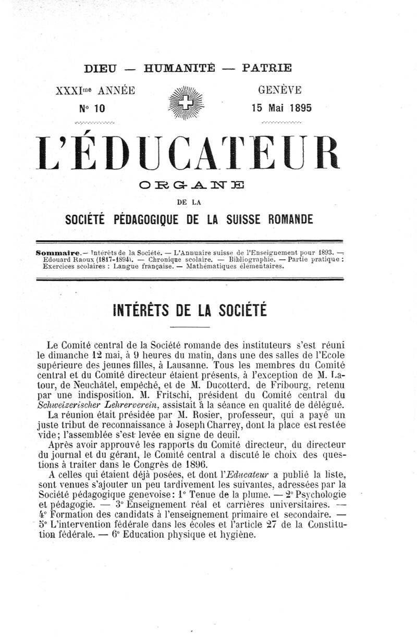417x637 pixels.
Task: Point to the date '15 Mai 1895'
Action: coord(281,108)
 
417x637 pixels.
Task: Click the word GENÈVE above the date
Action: coord(280,90)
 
